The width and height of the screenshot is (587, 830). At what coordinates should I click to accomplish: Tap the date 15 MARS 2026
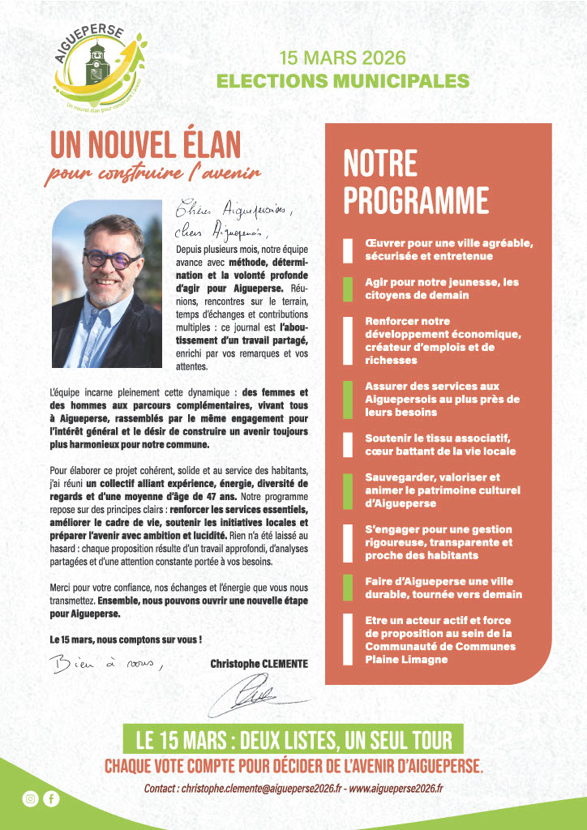tap(343, 58)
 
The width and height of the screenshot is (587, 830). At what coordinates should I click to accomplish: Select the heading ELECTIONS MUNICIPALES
tap(343, 80)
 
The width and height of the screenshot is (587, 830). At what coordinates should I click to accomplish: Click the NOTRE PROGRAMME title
tap(416, 182)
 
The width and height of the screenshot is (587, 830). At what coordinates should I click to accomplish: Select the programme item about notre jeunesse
tap(441, 289)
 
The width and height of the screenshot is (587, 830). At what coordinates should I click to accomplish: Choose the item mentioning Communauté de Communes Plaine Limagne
tap(440, 640)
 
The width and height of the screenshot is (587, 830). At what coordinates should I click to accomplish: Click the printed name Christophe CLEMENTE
tap(259, 663)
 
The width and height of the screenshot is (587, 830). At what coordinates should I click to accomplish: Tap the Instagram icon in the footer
tap(30, 799)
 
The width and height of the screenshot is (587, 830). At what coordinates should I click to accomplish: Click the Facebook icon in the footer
tap(51, 799)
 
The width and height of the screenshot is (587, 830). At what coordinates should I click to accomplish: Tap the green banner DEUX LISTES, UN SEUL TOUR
tap(293, 739)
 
